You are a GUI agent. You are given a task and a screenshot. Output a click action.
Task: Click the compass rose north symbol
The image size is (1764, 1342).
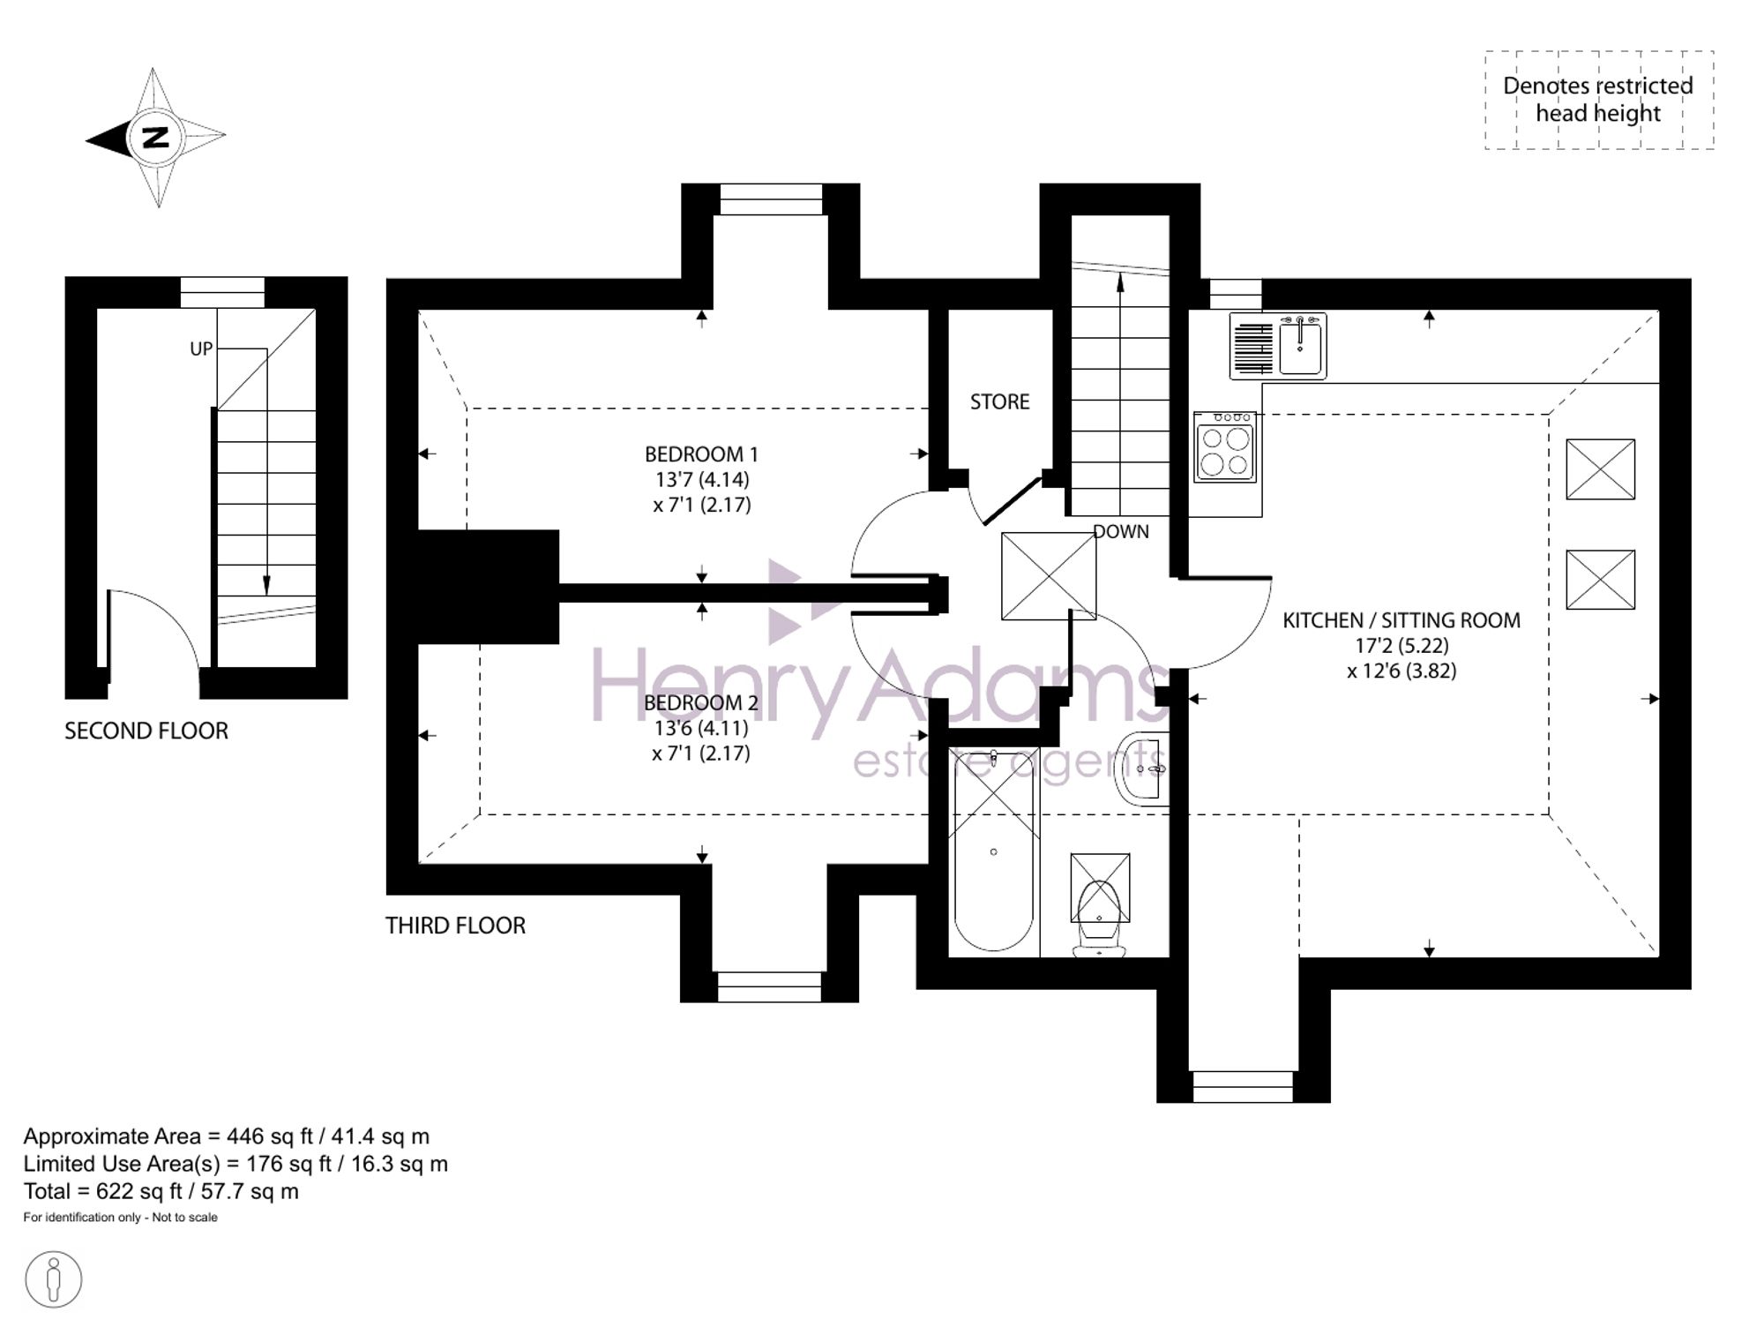click(155, 138)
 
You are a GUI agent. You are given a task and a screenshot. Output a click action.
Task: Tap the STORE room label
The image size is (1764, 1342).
click(999, 402)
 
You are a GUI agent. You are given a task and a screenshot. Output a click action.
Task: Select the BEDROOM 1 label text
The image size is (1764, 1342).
click(701, 454)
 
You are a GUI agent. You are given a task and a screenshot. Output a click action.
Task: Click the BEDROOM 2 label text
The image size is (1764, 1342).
click(701, 703)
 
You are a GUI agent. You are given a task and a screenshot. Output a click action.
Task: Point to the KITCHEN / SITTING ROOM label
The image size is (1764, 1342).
click(1401, 620)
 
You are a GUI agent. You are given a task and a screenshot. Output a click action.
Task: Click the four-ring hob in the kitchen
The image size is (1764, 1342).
click(1225, 447)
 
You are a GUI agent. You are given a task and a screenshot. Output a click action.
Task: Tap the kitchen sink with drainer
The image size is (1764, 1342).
click(1278, 346)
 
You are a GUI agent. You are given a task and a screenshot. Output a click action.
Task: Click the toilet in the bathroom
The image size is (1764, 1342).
click(1099, 905)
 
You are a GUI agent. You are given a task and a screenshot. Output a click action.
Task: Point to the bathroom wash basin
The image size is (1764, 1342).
click(1143, 768)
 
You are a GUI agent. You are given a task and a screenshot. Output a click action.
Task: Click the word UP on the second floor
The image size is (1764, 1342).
click(201, 349)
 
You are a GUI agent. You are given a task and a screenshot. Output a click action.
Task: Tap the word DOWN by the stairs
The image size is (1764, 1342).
click(1121, 531)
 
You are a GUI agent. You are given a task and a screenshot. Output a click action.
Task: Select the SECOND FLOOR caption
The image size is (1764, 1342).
click(146, 731)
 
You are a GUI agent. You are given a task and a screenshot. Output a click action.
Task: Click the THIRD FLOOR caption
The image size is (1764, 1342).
click(455, 926)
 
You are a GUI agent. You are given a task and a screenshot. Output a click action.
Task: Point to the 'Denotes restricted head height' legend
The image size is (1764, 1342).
click(1598, 100)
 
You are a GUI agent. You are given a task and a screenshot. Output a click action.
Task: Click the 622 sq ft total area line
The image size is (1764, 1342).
click(161, 1192)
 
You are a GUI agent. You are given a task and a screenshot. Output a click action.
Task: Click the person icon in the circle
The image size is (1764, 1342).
click(54, 1279)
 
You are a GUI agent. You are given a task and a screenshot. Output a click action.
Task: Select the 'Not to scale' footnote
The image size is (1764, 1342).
click(184, 1218)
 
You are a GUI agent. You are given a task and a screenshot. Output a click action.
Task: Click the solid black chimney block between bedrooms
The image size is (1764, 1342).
click(488, 587)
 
